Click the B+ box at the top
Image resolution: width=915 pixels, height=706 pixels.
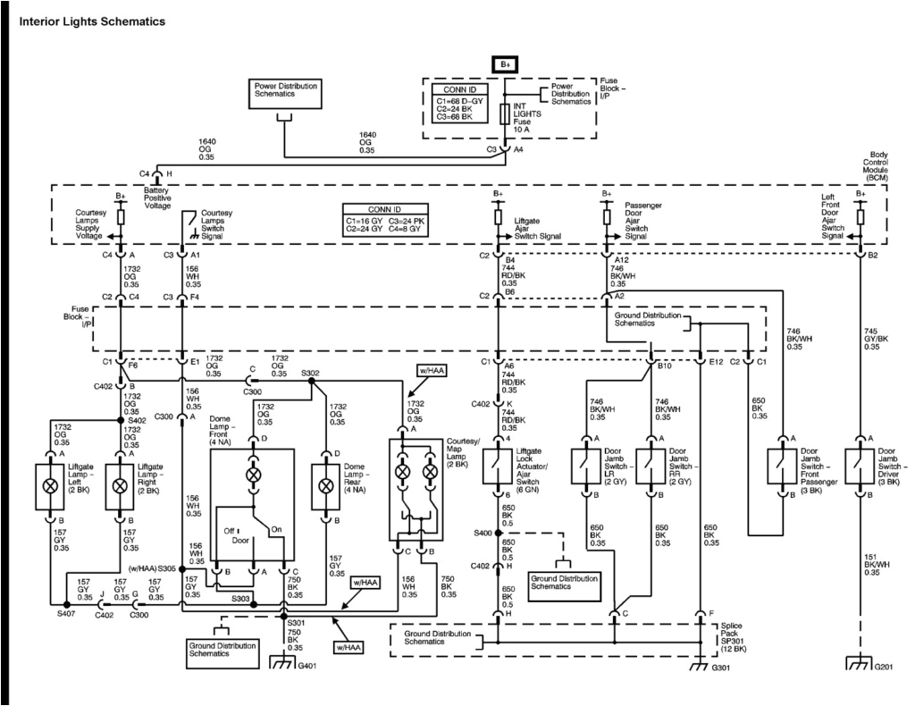click(x=505, y=64)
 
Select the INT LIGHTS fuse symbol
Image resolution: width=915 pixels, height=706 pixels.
click(x=505, y=114)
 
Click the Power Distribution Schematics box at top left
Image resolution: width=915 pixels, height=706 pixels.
click(x=285, y=90)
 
